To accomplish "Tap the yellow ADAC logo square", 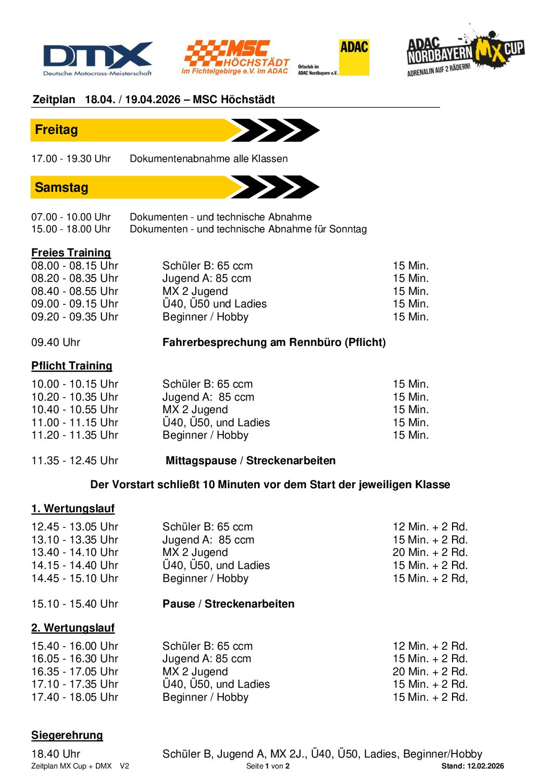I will [354, 57].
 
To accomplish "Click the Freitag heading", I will [56, 130].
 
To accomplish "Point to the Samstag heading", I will [61, 188].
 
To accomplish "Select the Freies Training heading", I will [71, 253].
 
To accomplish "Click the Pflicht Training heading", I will [72, 366].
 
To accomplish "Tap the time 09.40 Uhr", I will [56, 342].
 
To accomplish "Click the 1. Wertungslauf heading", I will [73, 509].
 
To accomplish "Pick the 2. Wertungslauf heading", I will [73, 628].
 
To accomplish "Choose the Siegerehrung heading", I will [67, 735].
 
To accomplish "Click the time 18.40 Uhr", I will [56, 754].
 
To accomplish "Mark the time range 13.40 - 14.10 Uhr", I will [75, 552].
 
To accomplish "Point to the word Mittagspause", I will [201, 461].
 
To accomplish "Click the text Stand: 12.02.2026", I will [472, 766].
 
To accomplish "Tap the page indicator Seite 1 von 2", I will [268, 766].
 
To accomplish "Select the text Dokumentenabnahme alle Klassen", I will [209, 158].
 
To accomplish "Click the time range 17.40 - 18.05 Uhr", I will [75, 697].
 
